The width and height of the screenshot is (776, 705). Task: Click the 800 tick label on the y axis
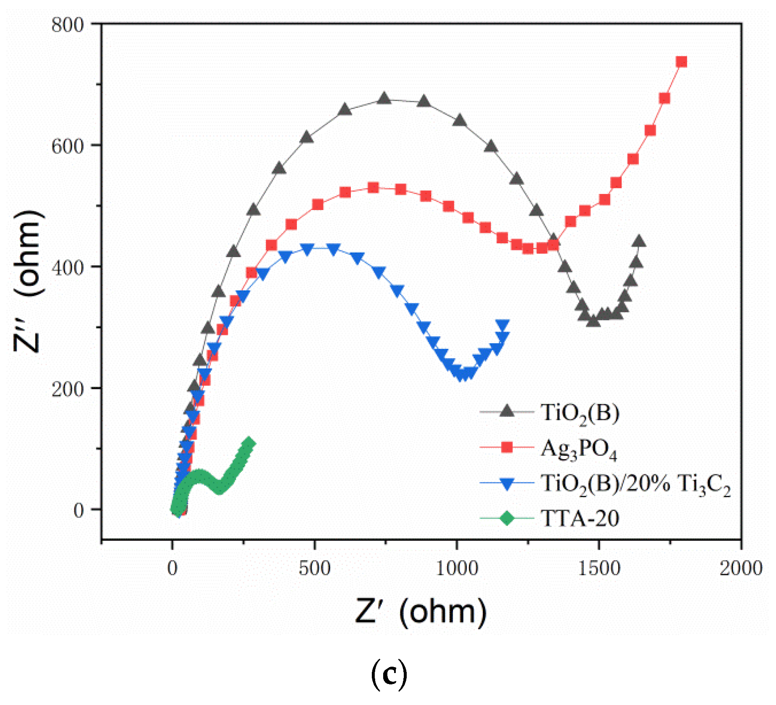pos(67,25)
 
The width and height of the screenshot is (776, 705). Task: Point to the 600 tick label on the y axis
pos(67,146)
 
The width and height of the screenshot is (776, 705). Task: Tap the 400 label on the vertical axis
pos(67,268)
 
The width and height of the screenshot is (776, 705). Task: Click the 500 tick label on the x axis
pos(315,569)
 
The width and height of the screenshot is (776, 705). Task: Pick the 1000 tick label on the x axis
pos(457,569)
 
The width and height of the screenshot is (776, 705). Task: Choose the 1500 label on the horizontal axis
pos(599,569)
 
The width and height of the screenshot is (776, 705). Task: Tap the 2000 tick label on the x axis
pos(741,569)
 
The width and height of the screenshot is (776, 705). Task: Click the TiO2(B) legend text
pos(580,413)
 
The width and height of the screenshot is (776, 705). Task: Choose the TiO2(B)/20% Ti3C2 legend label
pos(636,484)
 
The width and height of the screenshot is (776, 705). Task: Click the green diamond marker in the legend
pos(507,518)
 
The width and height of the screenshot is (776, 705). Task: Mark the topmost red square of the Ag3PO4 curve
pos(681,62)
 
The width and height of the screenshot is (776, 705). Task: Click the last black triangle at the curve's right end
pos(639,241)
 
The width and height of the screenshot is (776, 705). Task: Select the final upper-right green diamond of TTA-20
pos(249,443)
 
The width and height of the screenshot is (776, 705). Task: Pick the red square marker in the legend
pos(507,447)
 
